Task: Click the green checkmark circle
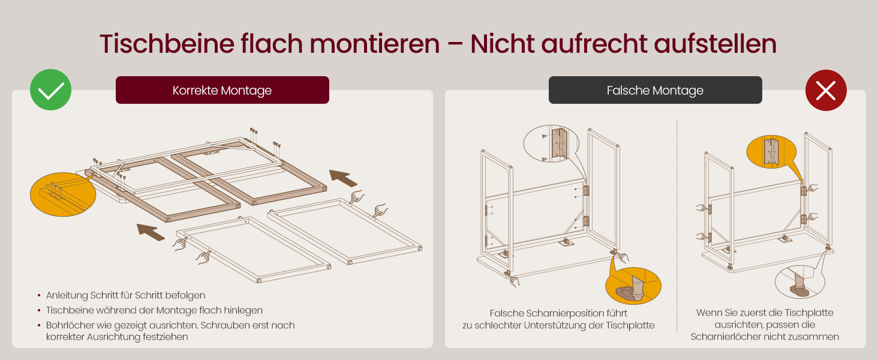(x=50, y=90)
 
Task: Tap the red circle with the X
(x=826, y=90)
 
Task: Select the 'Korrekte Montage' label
(x=222, y=90)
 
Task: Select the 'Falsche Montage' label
(x=656, y=90)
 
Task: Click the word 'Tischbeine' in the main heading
(x=167, y=44)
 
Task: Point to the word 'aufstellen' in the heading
(x=715, y=44)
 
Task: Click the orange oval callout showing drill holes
(x=63, y=194)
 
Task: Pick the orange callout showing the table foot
(x=633, y=286)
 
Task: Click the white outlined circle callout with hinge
(x=551, y=143)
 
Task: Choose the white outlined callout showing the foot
(x=800, y=281)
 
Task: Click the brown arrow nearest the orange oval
(x=151, y=232)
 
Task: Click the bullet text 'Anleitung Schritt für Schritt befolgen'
(x=126, y=295)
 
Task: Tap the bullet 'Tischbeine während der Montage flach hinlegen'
(x=155, y=310)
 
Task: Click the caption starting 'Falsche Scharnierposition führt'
(x=558, y=319)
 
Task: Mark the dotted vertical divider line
(x=677, y=226)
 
